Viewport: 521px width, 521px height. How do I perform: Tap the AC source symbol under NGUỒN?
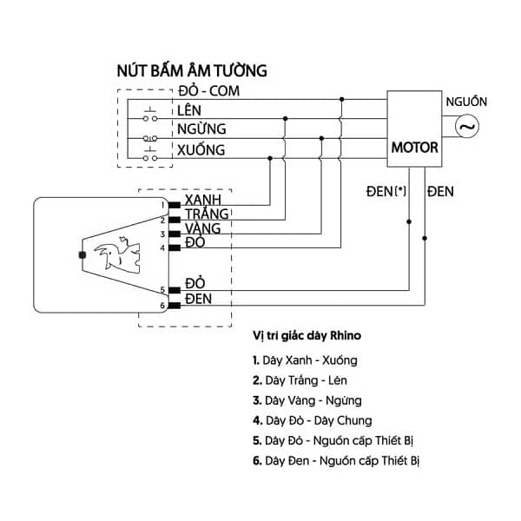pos(466,127)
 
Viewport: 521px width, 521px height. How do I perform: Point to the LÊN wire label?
pos(189,110)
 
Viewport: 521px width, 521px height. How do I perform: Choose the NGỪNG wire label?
pos(201,129)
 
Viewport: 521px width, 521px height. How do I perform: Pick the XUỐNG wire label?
pos(201,150)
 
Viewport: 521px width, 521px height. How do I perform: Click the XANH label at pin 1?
pos(203,200)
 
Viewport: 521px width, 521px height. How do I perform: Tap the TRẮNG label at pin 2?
pos(207,214)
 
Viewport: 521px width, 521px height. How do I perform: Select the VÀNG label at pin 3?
pos(203,228)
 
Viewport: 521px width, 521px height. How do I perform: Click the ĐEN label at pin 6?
pos(198,300)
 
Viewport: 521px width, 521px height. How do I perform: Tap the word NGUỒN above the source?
pos(466,102)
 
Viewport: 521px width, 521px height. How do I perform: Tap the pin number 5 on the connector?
pos(162,291)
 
